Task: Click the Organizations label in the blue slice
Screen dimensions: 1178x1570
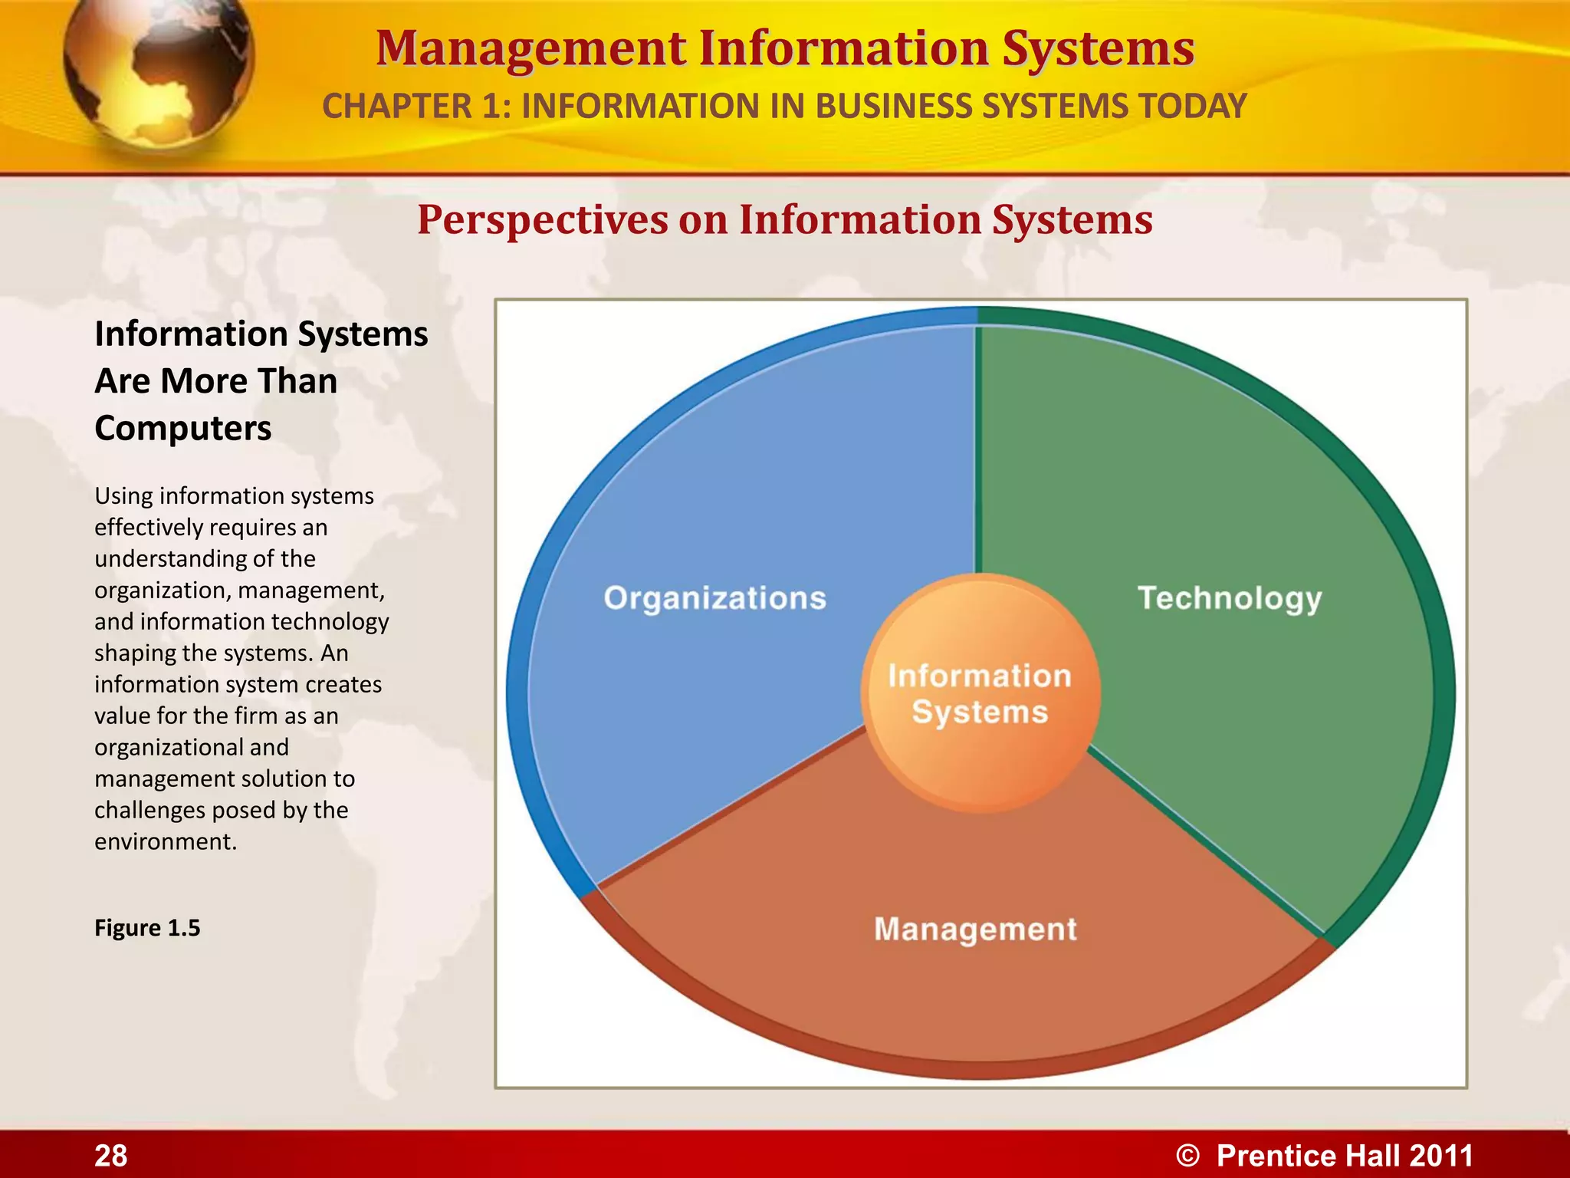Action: coord(714,598)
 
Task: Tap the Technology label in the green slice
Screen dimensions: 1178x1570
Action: coord(1230,598)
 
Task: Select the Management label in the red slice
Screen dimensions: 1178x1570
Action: coord(975,929)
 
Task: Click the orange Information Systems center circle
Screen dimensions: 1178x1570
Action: coord(980,693)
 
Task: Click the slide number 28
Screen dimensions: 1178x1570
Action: coord(111,1155)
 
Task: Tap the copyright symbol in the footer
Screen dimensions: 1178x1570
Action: coord(1187,1156)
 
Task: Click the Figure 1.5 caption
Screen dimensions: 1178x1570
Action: coord(147,928)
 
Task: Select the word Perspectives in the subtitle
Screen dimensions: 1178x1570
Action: coord(542,220)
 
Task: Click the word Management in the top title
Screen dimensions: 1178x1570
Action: coord(530,48)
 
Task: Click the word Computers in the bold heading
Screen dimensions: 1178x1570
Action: coord(182,428)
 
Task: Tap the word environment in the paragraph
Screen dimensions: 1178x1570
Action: coord(165,841)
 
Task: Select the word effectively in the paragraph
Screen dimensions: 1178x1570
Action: coord(148,528)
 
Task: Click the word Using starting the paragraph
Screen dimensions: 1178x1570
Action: coord(123,496)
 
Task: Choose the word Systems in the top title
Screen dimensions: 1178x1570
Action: coord(1099,48)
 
